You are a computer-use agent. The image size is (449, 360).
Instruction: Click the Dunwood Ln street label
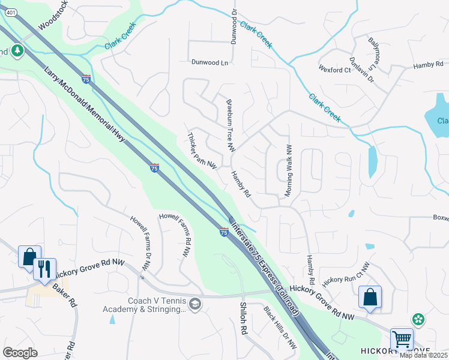point(211,62)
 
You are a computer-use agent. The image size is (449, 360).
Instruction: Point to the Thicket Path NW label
point(202,151)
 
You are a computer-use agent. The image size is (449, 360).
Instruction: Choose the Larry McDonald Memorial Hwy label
point(89,113)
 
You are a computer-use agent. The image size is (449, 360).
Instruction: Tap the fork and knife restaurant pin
point(44,269)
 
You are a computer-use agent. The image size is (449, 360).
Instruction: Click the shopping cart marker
point(400,339)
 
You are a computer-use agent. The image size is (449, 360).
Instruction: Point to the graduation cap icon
point(194,305)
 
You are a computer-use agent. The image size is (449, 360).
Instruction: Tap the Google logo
point(20,352)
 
